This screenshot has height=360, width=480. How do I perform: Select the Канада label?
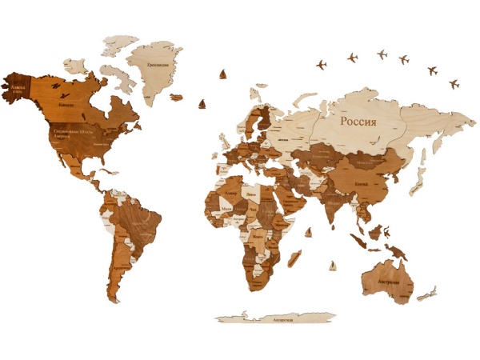click(68, 105)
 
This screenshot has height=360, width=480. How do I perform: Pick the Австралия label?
click(383, 282)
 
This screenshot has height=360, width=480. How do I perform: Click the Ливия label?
click(252, 194)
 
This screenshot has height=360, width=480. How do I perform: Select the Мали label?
click(226, 210)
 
